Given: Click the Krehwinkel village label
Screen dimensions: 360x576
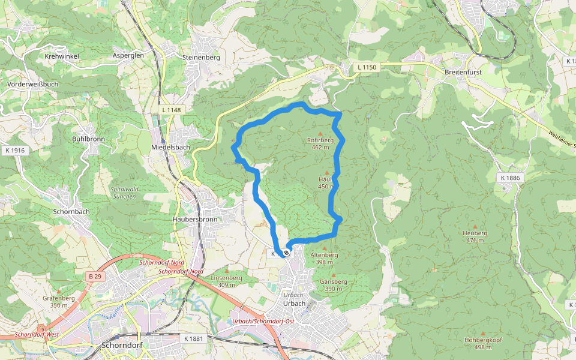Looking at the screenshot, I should [62, 56].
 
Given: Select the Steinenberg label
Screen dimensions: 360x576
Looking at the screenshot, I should [201, 58].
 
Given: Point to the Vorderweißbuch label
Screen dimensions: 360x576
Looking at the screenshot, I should [33, 85].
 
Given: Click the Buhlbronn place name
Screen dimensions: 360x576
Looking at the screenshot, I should [88, 139].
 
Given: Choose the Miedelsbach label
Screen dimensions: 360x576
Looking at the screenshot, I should [170, 148].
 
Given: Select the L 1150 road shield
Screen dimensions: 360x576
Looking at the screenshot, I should [365, 67].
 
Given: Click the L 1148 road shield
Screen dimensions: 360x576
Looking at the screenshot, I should [171, 110].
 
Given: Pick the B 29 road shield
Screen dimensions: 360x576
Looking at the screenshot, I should [94, 276].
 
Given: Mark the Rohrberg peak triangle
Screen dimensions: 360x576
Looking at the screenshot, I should [320, 133].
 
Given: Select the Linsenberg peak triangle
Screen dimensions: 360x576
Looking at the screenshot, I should [226, 271].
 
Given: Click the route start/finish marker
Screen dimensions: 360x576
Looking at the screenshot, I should [287, 253].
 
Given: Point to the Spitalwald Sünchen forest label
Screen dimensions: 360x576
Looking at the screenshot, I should [124, 193].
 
